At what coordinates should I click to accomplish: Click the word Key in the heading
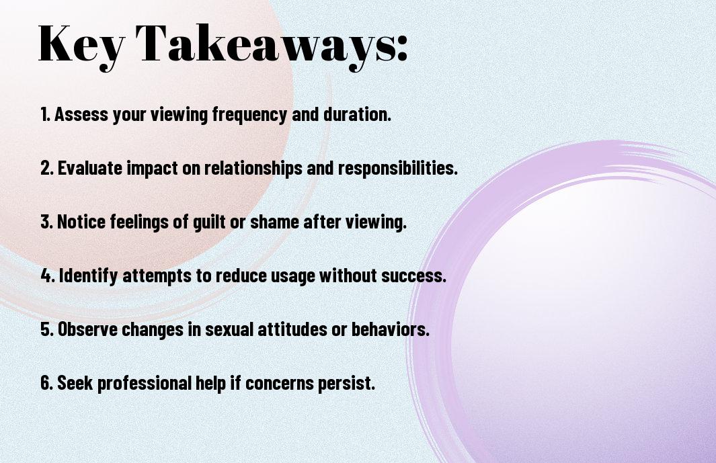click(x=81, y=44)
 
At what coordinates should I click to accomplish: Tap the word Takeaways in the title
click(x=266, y=44)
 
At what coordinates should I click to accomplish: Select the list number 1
click(x=45, y=114)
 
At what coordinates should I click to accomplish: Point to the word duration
click(x=358, y=114)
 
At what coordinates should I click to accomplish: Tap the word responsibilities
click(x=398, y=168)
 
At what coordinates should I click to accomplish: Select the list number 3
click(x=47, y=222)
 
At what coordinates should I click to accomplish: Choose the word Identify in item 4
click(x=88, y=276)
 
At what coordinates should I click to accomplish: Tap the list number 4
click(x=48, y=276)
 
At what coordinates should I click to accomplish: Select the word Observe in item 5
click(x=87, y=329)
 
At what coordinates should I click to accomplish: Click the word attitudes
click(x=292, y=329)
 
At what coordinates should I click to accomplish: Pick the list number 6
click(x=47, y=382)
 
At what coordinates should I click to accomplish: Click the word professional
click(x=145, y=383)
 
